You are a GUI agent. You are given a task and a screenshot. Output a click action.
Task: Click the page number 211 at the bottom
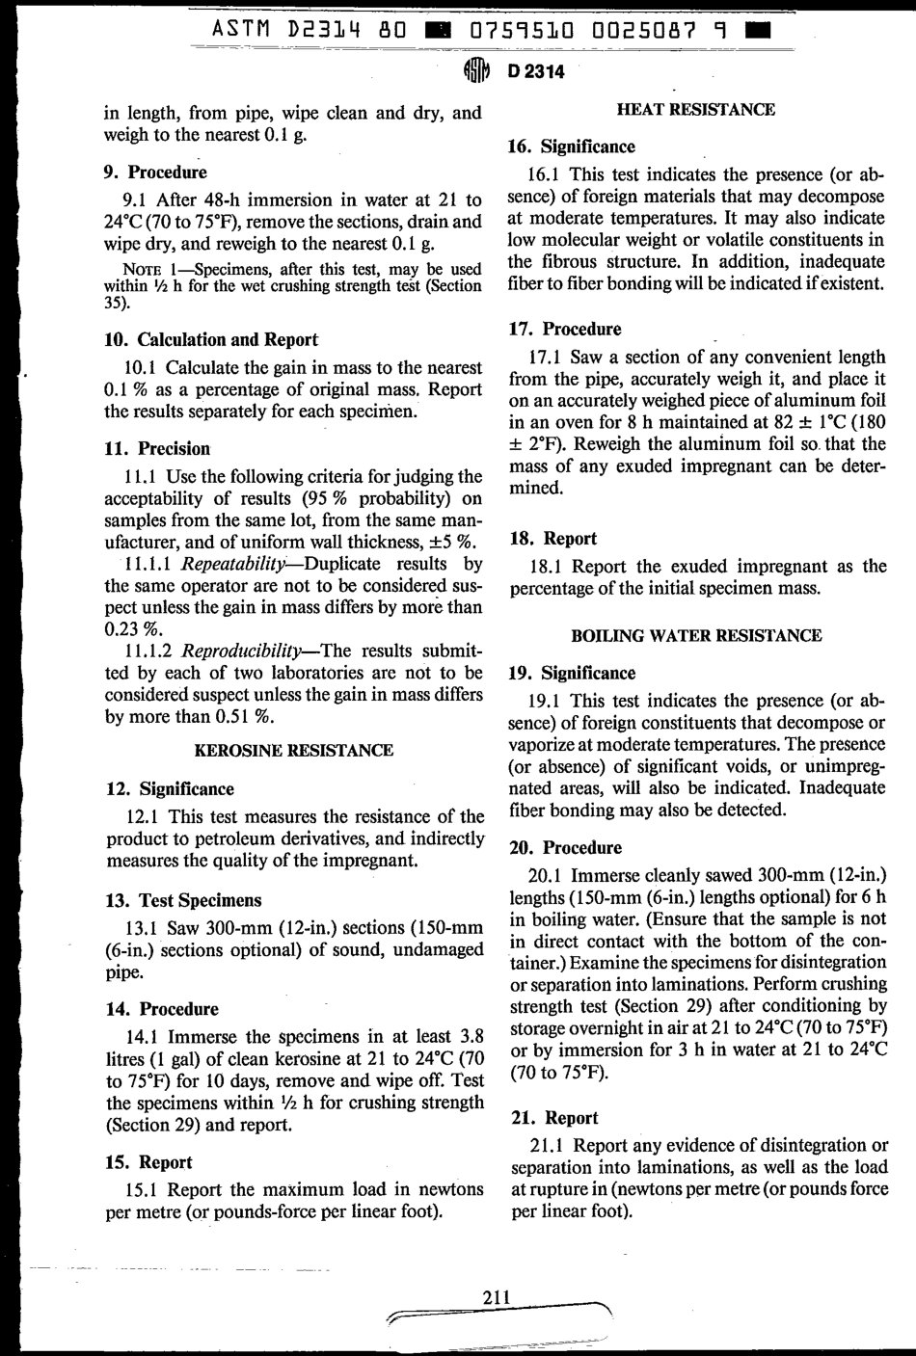[496, 1297]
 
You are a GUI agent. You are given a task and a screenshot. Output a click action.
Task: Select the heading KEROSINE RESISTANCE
[294, 751]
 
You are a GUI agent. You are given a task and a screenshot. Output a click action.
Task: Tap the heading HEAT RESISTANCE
[695, 110]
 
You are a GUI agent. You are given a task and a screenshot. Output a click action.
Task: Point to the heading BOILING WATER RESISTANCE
[696, 636]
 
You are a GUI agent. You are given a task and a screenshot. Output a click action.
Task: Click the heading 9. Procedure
[155, 173]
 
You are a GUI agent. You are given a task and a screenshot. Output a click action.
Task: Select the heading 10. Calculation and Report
[211, 339]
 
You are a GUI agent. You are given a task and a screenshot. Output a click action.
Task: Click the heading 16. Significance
[572, 146]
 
